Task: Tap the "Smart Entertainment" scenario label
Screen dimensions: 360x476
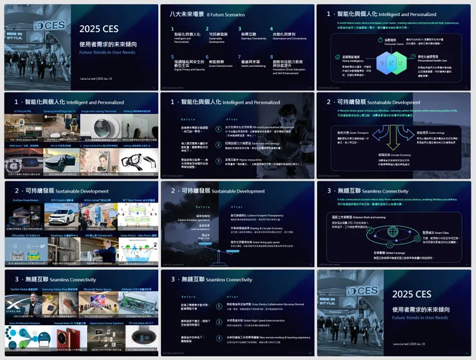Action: [220, 66]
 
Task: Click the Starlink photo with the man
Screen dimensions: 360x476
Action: [23, 304]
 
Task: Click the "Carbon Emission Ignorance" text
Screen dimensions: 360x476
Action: [192, 219]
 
